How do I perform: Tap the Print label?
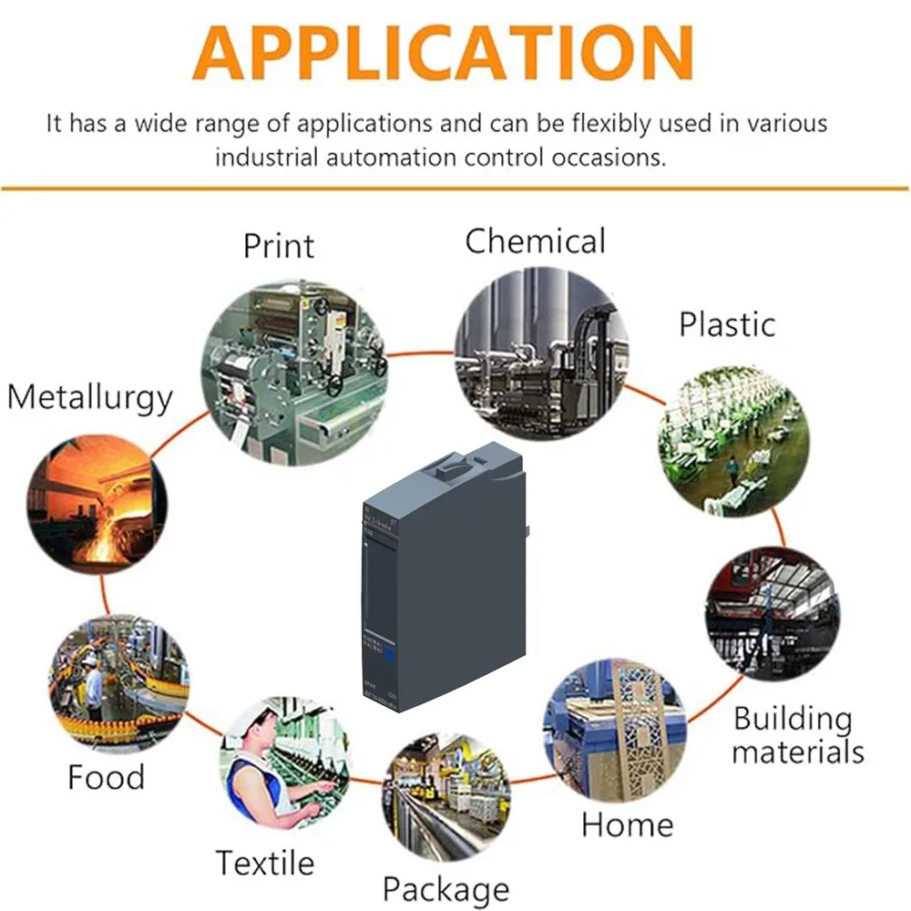click(x=279, y=245)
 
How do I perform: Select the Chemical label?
click(x=535, y=241)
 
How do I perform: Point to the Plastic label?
click(x=727, y=324)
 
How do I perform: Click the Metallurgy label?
click(x=89, y=398)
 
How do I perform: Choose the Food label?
click(x=106, y=778)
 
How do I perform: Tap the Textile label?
click(x=264, y=862)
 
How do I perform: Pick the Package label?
click(x=445, y=888)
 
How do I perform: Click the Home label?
click(x=627, y=824)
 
